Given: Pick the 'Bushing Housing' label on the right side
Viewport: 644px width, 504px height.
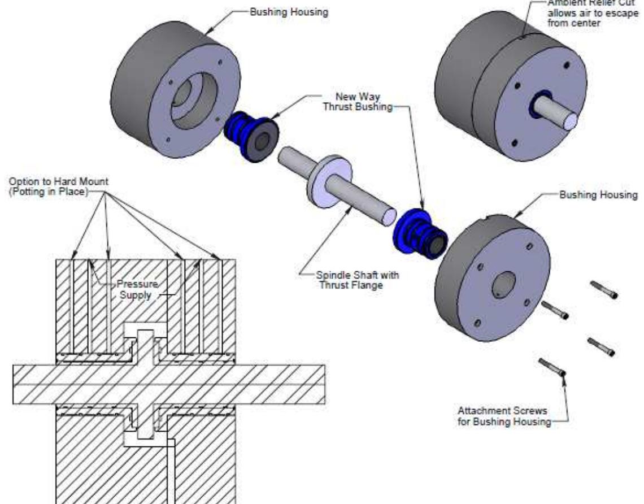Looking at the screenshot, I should [x=598, y=195].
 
